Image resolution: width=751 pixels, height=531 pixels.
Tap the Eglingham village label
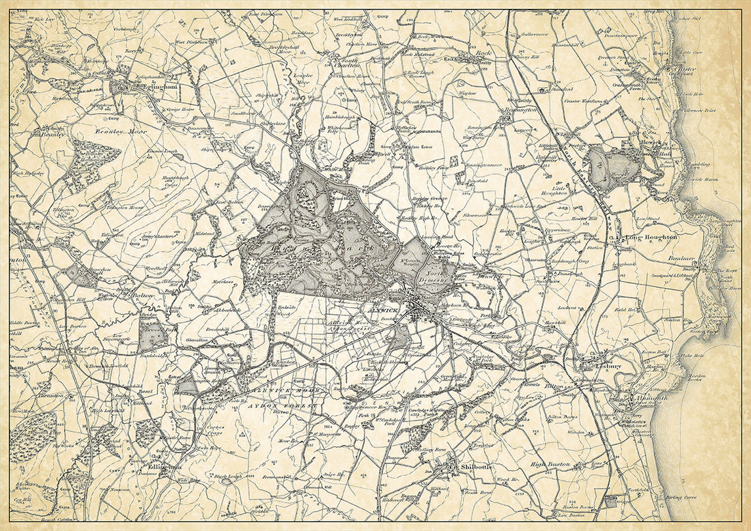pyautogui.click(x=147, y=88)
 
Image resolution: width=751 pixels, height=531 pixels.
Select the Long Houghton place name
pyautogui.click(x=651, y=238)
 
